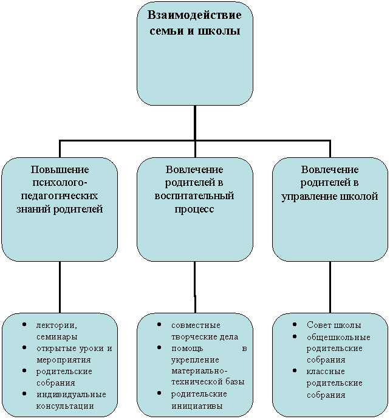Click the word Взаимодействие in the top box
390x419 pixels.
click(x=194, y=15)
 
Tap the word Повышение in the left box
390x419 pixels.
click(x=60, y=169)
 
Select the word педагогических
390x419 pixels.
click(x=60, y=196)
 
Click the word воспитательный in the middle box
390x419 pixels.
click(x=194, y=196)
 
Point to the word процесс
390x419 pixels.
click(x=194, y=209)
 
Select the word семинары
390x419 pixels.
click(x=57, y=337)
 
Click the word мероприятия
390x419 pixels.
click(x=64, y=360)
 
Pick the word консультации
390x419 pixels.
click(x=65, y=406)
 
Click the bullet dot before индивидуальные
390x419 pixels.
click(x=24, y=393)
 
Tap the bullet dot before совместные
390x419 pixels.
click(x=159, y=324)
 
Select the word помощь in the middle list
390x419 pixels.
click(x=187, y=349)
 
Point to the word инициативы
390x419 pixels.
click(x=197, y=406)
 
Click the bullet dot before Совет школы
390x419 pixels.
click(x=295, y=324)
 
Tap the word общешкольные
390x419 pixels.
click(x=338, y=337)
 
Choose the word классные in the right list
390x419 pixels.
click(x=326, y=372)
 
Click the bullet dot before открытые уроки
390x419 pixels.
click(x=24, y=347)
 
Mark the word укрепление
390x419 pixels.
click(x=195, y=360)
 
